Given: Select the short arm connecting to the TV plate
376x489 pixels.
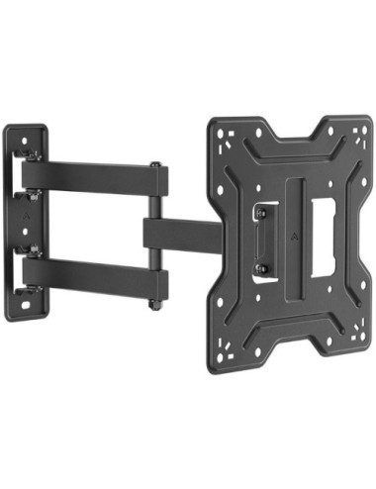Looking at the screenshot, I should [x=183, y=235].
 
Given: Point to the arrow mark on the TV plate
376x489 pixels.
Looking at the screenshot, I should [x=298, y=238].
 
